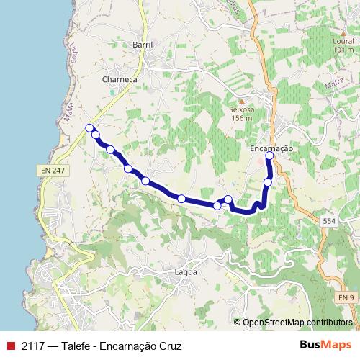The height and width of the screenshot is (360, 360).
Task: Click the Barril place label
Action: pyautogui.click(x=143, y=45)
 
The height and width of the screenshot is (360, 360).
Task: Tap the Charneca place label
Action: pyautogui.click(x=120, y=78)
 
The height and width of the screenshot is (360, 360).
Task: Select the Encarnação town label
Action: pyautogui.click(x=270, y=148)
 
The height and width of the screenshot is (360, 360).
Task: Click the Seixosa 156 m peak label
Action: pyautogui.click(x=242, y=114)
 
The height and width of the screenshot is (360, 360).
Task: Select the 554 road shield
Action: pyautogui.click(x=328, y=221)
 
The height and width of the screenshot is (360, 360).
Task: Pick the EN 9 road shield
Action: pyautogui.click(x=347, y=297)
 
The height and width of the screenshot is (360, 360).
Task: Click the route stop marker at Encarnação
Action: pyautogui.click(x=270, y=156)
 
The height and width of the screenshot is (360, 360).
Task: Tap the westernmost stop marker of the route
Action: pyautogui.click(x=89, y=128)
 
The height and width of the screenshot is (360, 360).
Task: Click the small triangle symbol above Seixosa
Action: pyautogui.click(x=242, y=100)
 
